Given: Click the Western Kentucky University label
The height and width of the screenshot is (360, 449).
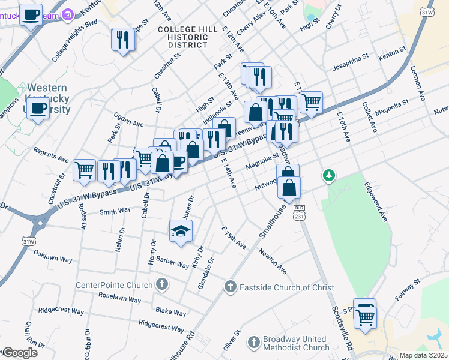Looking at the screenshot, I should pyautogui.click(x=47, y=98).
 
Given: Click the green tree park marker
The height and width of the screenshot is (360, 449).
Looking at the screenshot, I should pyautogui.click(x=328, y=176).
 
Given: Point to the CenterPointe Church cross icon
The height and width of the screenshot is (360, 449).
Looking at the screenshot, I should pyautogui.click(x=161, y=283).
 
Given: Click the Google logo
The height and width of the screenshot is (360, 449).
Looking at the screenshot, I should pyautogui.click(x=20, y=352).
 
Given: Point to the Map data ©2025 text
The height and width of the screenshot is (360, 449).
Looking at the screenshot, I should pyautogui.click(x=423, y=355).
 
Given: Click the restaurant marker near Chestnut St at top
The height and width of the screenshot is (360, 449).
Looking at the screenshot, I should pyautogui.click(x=123, y=40).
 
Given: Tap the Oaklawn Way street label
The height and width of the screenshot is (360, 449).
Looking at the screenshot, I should pyautogui.click(x=53, y=257).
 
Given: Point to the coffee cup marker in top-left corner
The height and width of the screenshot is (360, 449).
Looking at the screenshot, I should pyautogui.click(x=31, y=14).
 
